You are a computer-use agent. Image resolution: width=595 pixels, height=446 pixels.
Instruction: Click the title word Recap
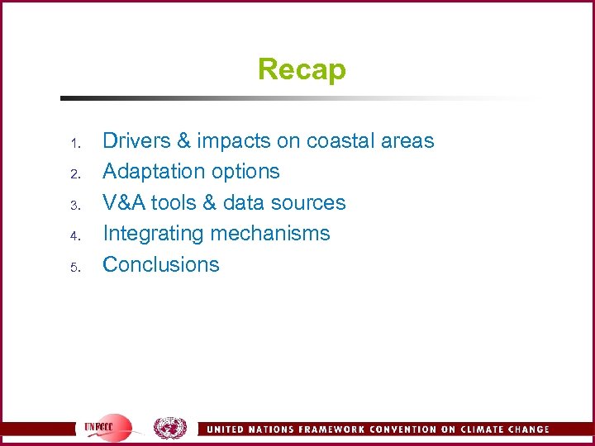coord(302,69)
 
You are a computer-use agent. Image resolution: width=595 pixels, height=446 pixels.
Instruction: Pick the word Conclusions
coord(161,264)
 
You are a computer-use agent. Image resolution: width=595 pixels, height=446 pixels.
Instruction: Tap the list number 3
coord(74,206)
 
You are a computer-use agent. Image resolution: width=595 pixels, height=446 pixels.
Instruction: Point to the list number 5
coord(74,268)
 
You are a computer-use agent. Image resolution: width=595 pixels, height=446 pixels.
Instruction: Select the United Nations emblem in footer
coord(170,428)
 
